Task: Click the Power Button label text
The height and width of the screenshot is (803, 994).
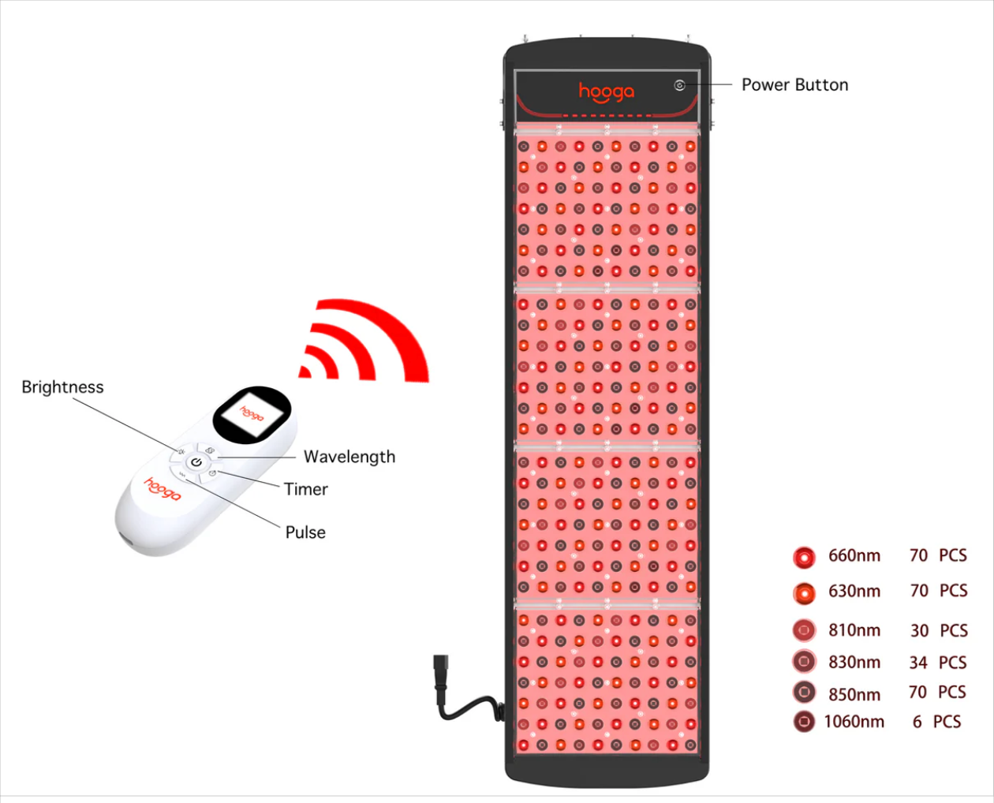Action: pos(794,85)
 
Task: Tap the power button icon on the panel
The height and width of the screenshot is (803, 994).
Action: pos(679,85)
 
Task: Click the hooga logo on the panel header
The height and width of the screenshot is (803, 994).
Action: pos(606,92)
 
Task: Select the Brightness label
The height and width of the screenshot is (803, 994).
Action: pos(62,387)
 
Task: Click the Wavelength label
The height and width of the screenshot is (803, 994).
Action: pos(349,457)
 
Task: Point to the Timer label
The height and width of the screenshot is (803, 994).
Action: pos(306,489)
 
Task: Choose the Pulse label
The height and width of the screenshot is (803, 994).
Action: pos(305,532)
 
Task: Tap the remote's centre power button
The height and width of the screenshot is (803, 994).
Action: pos(196,461)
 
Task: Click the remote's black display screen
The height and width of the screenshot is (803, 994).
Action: pos(252,413)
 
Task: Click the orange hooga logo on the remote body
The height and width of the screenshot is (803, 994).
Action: pos(163,489)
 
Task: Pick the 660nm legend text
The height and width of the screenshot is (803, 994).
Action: pos(854,556)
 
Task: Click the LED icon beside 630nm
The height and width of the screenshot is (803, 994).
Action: pos(804,592)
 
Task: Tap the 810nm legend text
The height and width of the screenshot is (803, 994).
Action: pos(854,631)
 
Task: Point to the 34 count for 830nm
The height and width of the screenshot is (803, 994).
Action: pos(918,663)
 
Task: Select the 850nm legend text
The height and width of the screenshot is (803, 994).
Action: pos(854,695)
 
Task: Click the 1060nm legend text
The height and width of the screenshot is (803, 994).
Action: pos(854,722)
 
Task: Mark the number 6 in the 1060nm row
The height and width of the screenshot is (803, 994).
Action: pos(917,722)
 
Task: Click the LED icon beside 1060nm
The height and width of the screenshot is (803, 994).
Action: pos(804,722)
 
